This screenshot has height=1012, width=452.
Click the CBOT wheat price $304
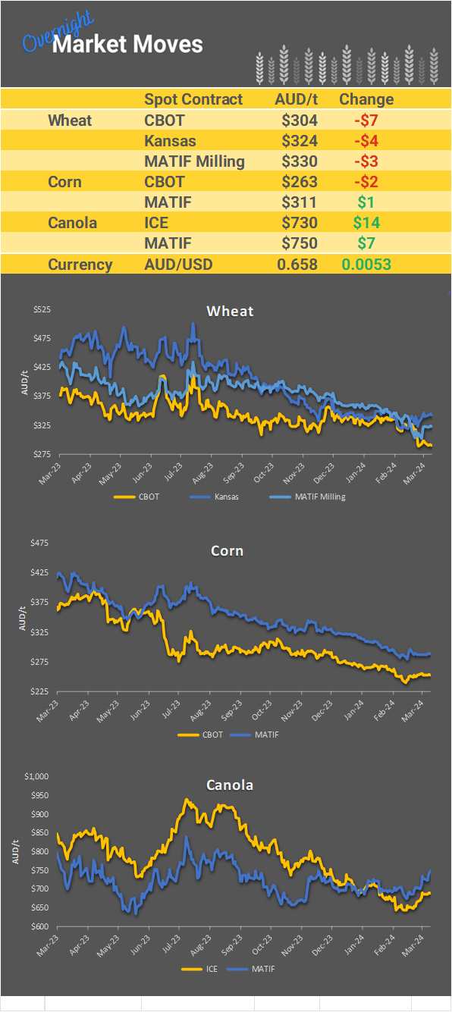click(299, 120)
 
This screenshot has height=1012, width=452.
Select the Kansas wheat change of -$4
click(366, 141)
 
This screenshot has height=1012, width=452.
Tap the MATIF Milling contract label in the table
click(194, 161)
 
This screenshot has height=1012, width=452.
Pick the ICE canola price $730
click(299, 223)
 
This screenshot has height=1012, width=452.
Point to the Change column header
click(366, 99)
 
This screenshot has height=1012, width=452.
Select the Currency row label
click(80, 265)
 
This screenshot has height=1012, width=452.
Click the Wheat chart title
click(230, 311)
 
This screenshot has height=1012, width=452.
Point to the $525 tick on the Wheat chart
click(41, 309)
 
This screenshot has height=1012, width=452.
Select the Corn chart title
click(227, 550)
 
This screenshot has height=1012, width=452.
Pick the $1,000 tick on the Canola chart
click(36, 776)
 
